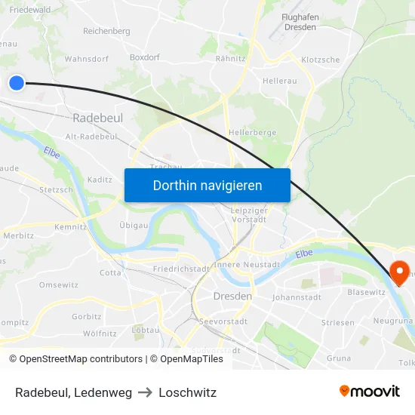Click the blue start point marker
[17, 83]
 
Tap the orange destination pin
[398, 272]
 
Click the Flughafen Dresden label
[298, 22]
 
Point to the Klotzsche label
[320, 60]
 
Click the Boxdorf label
[144, 57]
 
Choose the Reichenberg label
[106, 32]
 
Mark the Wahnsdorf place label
[87, 59]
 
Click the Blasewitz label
[366, 292]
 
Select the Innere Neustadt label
[247, 265]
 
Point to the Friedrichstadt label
[181, 269]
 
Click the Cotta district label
[110, 273]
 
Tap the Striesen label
[337, 323]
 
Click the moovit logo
[369, 392]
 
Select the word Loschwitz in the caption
[187, 392]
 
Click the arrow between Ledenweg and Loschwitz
[145, 392]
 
